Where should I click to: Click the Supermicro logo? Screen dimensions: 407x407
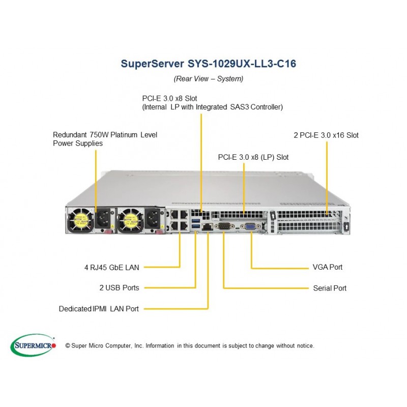(x=34, y=345)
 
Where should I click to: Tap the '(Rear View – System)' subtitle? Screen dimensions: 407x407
(x=208, y=79)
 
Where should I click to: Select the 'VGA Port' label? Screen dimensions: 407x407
(x=327, y=267)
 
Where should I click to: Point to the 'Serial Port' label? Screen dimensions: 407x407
(x=330, y=288)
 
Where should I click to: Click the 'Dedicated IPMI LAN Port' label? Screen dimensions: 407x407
(x=99, y=308)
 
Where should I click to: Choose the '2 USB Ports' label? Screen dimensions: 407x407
(x=119, y=288)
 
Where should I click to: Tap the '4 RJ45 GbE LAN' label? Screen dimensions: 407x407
(x=111, y=267)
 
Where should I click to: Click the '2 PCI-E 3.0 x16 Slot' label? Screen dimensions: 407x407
(x=326, y=135)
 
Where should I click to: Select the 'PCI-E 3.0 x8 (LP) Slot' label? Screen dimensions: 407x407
(x=253, y=157)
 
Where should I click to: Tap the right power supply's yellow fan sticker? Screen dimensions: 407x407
(x=124, y=220)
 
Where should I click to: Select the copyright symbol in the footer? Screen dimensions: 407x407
(x=68, y=346)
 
